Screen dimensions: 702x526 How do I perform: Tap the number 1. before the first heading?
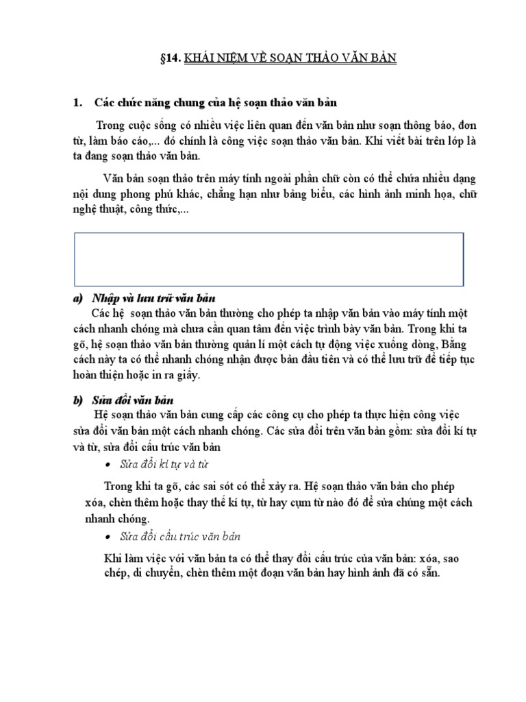tap(77, 103)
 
